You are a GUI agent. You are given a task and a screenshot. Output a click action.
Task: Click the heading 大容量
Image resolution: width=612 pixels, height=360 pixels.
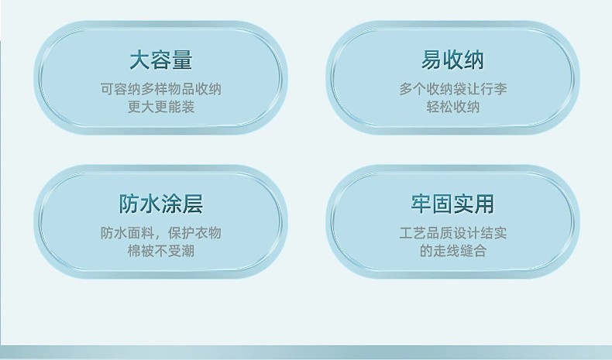(161, 60)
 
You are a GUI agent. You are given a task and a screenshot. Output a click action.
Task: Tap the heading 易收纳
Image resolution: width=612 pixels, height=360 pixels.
(452, 60)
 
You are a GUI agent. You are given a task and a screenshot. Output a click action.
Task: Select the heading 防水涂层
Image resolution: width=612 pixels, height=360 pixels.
(161, 204)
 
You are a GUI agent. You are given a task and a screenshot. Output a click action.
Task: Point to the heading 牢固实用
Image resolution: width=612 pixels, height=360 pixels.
(452, 204)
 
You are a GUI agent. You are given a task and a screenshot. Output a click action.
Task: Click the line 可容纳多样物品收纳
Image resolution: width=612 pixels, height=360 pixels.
(161, 89)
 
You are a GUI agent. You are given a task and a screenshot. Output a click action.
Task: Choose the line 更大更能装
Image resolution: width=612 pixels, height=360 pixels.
(161, 107)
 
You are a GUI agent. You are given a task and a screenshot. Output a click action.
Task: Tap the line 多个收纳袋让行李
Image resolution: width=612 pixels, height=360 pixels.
(452, 89)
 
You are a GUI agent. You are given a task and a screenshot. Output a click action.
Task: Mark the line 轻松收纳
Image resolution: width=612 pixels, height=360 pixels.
(452, 107)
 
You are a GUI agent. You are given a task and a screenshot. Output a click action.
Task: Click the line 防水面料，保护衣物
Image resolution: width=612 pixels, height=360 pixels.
(161, 233)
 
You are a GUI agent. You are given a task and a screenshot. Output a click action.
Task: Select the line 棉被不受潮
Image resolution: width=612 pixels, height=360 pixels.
(161, 251)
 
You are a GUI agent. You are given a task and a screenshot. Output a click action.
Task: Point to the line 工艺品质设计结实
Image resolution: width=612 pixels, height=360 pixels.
(452, 233)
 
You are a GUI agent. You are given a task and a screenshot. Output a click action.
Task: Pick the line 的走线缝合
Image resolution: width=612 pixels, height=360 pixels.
(452, 251)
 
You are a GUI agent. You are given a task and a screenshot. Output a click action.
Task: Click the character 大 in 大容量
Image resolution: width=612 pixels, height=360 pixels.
(139, 60)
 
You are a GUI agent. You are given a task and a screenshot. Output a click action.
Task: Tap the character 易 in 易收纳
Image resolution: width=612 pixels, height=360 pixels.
(431, 60)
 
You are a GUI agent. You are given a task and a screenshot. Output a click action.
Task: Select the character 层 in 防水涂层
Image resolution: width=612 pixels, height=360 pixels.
(192, 204)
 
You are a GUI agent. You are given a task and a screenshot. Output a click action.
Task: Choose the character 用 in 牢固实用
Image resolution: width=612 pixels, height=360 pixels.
(484, 204)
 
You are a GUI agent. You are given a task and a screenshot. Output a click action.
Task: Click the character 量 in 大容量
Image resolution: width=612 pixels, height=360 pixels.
(182, 60)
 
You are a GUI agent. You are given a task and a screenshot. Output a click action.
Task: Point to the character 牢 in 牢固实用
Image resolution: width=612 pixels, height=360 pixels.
(421, 204)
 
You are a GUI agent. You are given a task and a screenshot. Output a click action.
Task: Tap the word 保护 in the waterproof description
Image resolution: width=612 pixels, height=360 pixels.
(181, 233)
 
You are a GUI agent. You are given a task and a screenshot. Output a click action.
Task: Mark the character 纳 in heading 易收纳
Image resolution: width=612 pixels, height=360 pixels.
(474, 60)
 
